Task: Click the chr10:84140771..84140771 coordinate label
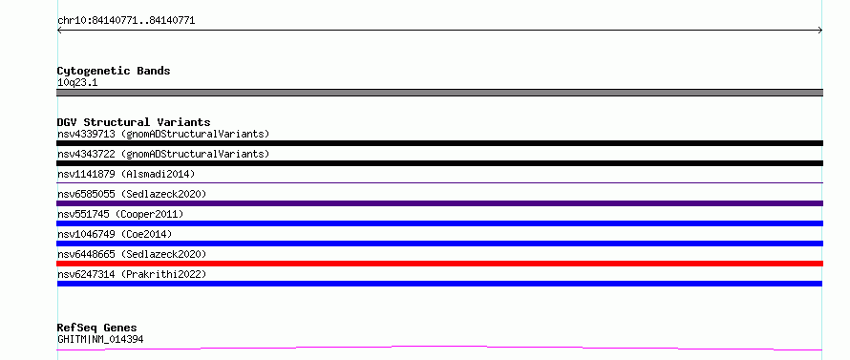[126, 21]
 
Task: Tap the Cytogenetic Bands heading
[114, 71]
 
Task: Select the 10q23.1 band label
[77, 83]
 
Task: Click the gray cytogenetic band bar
[439, 93]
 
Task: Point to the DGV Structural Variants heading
[134, 122]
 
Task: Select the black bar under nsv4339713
[439, 143]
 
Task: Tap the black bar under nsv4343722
[439, 163]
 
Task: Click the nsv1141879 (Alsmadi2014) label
[126, 174]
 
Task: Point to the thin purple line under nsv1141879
[439, 182]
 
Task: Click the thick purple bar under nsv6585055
[439, 203]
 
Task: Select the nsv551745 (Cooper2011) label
[120, 214]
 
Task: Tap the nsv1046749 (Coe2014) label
[115, 234]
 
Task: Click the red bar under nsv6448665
[439, 264]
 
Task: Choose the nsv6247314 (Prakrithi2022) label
[132, 274]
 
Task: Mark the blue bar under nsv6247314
[439, 284]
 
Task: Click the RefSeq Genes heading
[97, 328]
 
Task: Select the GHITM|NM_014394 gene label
[100, 340]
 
